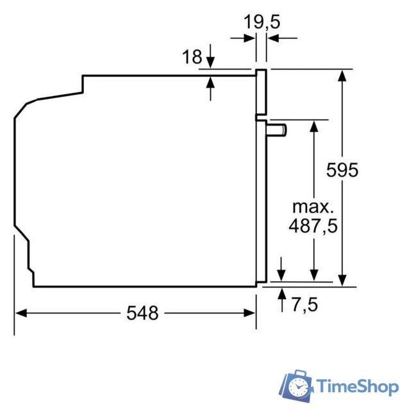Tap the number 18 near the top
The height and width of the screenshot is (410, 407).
pyautogui.click(x=192, y=56)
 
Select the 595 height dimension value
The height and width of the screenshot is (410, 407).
pyautogui.click(x=342, y=170)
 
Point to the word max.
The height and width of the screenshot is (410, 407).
pyautogui.click(x=313, y=207)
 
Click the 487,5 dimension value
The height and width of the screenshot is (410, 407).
pyautogui.click(x=313, y=225)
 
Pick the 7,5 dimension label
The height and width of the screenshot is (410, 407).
pyautogui.click(x=305, y=305)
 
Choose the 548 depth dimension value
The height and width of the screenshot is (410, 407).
pyautogui.click(x=142, y=313)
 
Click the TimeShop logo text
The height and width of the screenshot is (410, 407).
pyautogui.click(x=358, y=386)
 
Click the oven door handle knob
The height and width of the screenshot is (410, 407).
pyautogui.click(x=276, y=130)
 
